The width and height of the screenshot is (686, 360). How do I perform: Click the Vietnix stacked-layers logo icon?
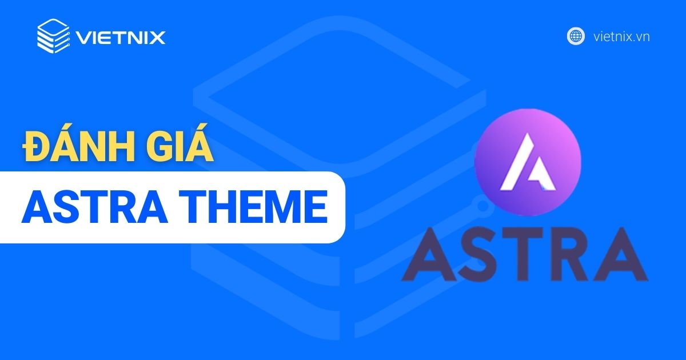tap(53, 36)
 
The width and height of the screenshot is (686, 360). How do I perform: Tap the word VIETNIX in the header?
tap(120, 38)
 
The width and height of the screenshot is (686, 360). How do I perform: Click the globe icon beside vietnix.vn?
tap(576, 36)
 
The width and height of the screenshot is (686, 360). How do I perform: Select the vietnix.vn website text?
tap(621, 37)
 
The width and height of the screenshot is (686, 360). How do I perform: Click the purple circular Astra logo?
tap(528, 155)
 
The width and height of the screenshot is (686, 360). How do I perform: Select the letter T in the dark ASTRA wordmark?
tap(521, 253)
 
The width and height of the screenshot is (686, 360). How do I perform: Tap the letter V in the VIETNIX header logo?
tap(83, 38)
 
